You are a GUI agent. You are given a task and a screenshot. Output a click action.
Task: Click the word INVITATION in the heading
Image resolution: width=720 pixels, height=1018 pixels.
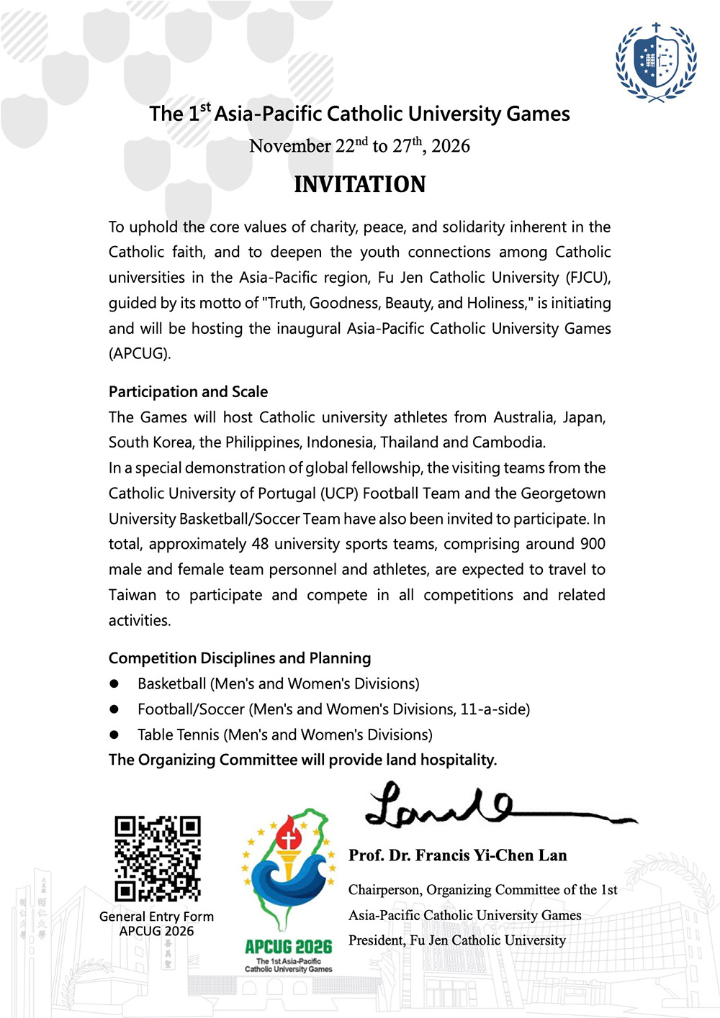359,184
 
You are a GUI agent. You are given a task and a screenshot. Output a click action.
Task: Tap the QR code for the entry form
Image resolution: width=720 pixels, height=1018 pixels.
158,858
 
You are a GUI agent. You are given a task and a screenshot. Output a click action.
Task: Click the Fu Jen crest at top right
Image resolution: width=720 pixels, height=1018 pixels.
656,63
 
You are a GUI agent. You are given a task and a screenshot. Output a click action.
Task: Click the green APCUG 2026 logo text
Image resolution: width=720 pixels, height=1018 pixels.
288,947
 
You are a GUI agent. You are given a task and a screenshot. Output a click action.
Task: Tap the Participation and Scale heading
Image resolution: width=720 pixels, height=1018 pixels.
188,391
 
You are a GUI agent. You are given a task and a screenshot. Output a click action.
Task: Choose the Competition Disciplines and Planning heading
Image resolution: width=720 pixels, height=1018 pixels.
240,658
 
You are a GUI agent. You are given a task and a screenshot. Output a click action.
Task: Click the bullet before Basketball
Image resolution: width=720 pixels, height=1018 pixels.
114,683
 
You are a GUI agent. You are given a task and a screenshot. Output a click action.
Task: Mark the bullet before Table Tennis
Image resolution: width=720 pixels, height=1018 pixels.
114,735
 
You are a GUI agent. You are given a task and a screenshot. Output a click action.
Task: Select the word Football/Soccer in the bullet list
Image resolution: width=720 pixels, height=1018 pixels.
191,709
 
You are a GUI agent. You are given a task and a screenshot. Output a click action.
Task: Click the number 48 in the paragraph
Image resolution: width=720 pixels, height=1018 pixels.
260,544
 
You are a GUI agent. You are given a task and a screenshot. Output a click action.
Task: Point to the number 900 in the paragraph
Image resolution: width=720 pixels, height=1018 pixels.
593,544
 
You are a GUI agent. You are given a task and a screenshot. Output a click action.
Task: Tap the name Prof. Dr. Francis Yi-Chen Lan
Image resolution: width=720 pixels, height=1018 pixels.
458,855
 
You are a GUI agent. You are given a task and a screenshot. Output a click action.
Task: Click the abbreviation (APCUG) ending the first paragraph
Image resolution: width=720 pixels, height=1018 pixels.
140,353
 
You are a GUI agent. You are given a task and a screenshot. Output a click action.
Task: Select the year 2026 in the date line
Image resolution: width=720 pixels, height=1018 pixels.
451,146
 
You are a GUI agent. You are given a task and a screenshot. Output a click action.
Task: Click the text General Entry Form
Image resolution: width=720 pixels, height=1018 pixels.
156,917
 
